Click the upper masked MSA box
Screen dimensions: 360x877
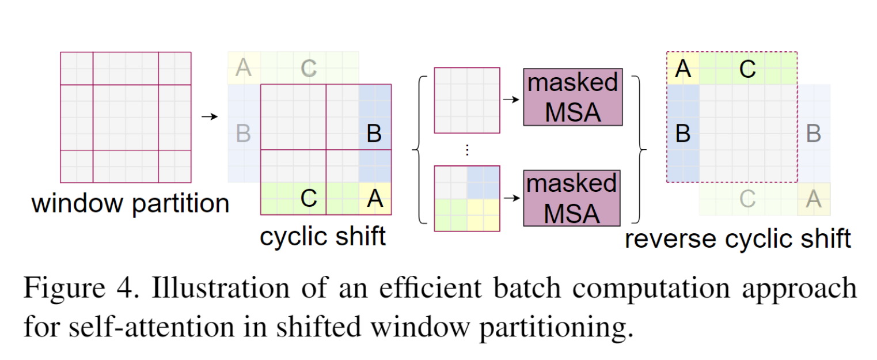click(572, 97)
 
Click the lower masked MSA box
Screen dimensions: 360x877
click(572, 198)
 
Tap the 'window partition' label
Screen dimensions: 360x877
click(130, 203)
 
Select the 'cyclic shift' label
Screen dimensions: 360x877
click(322, 236)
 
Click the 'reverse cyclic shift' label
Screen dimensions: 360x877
click(738, 238)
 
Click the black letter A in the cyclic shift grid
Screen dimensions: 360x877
click(375, 198)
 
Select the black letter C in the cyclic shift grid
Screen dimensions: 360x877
click(309, 198)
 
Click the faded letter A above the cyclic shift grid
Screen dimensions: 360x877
click(244, 69)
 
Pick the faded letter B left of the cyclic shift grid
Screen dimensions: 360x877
click(244, 134)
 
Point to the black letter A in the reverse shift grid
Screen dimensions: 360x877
click(683, 69)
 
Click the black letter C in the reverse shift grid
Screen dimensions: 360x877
click(747, 69)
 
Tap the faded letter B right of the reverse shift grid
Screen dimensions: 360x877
click(813, 134)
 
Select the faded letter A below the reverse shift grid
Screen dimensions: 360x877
click(813, 199)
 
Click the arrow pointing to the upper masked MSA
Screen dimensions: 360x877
click(511, 99)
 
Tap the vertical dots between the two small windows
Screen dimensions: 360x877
click(467, 150)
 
